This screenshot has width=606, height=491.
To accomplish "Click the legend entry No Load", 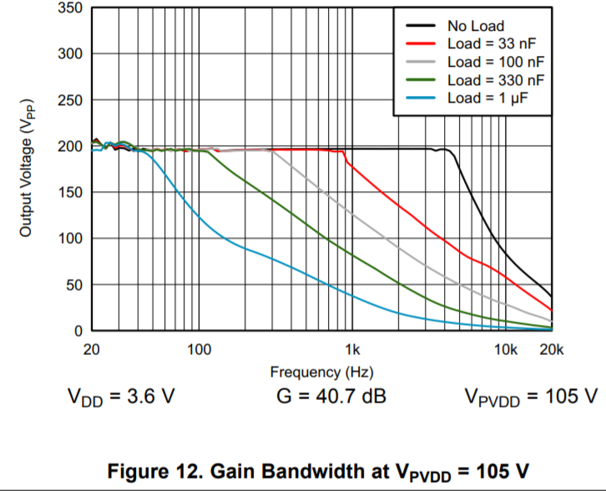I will (475, 26).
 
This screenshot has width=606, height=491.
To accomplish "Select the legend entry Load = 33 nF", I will (488, 44).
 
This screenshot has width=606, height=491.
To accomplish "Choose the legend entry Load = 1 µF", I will (483, 99).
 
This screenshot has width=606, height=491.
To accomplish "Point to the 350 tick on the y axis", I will (70, 8).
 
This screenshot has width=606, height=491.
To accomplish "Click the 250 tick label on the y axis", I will (70, 101).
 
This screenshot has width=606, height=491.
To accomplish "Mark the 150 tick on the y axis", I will (70, 193).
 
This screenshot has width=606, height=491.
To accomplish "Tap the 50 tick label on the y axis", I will (73, 286).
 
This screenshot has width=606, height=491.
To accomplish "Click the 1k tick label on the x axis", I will (352, 349).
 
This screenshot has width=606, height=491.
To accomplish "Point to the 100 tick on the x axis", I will (199, 349).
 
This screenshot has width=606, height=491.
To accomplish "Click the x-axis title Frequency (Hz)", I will (321, 372).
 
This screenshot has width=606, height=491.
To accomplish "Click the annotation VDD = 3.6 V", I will (120, 396).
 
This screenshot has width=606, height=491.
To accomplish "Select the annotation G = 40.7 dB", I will (331, 395).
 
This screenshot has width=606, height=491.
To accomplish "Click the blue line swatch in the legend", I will (420, 99).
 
